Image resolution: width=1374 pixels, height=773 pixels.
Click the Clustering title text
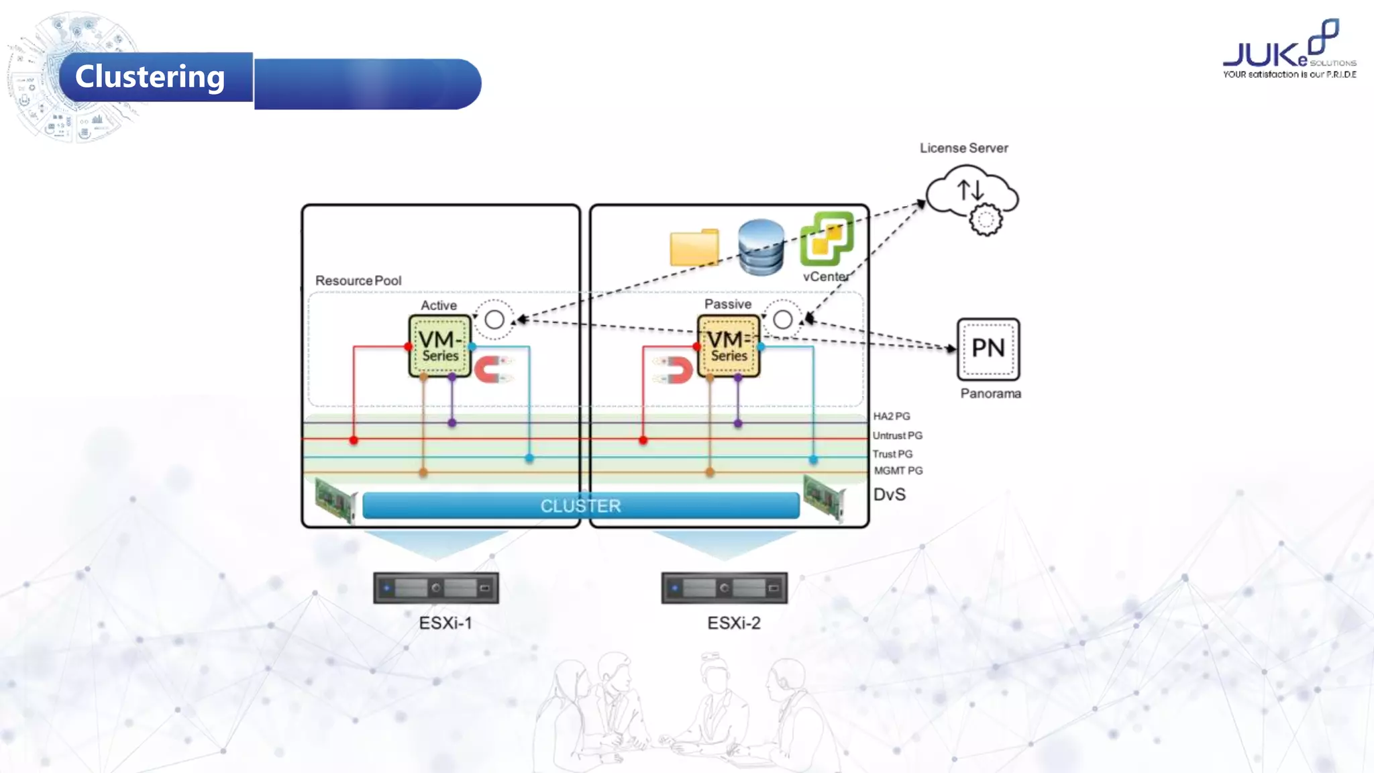tap(150, 76)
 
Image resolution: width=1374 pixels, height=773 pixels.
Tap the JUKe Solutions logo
tap(1288, 50)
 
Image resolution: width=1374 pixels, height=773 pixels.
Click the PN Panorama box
tap(988, 349)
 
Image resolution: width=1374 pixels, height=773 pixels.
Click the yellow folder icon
tap(694, 248)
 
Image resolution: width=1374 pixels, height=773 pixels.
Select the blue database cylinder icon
tap(761, 247)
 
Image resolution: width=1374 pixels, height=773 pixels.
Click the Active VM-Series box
tap(440, 346)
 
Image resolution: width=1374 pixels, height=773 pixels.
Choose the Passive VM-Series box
tap(729, 346)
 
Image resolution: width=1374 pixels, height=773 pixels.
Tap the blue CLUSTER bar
tap(580, 505)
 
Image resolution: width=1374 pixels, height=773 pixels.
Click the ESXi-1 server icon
tap(435, 588)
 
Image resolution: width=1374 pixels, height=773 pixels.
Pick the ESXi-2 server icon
tap(724, 588)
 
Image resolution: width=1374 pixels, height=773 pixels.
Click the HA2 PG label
tap(891, 416)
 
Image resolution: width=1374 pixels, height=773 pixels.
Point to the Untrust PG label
tap(897, 435)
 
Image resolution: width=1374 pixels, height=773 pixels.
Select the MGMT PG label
tap(898, 471)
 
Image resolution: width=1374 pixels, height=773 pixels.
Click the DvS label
tap(889, 495)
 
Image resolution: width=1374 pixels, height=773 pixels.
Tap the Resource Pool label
tap(358, 280)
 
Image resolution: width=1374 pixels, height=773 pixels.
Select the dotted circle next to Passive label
tap(782, 319)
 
